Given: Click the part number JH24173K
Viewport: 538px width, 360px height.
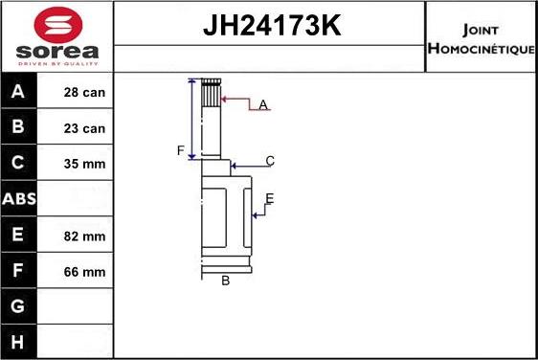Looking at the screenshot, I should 271,27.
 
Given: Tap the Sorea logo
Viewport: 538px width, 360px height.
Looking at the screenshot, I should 57,36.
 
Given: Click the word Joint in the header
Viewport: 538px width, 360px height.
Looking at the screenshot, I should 479,29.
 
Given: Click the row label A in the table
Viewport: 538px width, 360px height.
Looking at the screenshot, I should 19,92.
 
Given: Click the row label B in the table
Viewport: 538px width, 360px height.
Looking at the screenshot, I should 19,127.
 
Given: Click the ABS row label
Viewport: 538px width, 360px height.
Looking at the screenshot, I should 19,199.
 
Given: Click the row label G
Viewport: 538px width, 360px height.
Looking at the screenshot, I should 19,307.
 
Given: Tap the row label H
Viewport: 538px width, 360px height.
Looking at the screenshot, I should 19,342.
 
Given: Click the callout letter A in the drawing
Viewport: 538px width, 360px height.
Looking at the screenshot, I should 263,104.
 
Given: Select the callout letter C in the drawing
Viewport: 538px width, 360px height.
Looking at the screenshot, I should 270,161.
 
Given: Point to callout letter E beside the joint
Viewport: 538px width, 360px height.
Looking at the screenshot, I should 269,198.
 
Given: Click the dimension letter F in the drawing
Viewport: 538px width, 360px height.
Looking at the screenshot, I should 179,150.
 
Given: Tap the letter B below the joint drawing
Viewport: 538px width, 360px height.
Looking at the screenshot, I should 226,281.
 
